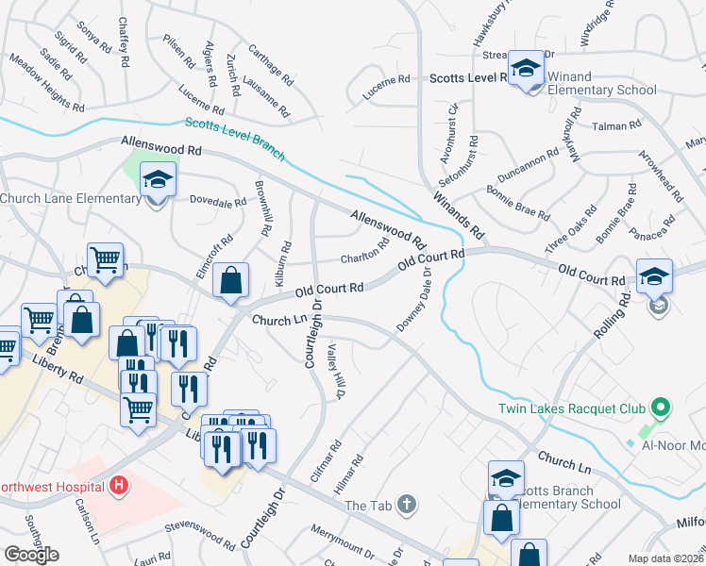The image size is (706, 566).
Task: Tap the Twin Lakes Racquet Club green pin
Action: point(661,408)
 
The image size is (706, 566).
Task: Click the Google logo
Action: point(30,555)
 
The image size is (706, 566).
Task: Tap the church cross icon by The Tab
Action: point(406,506)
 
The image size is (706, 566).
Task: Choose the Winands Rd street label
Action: point(459,214)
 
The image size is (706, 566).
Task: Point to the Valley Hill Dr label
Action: point(333,371)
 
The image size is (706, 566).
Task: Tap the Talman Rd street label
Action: point(616,125)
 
